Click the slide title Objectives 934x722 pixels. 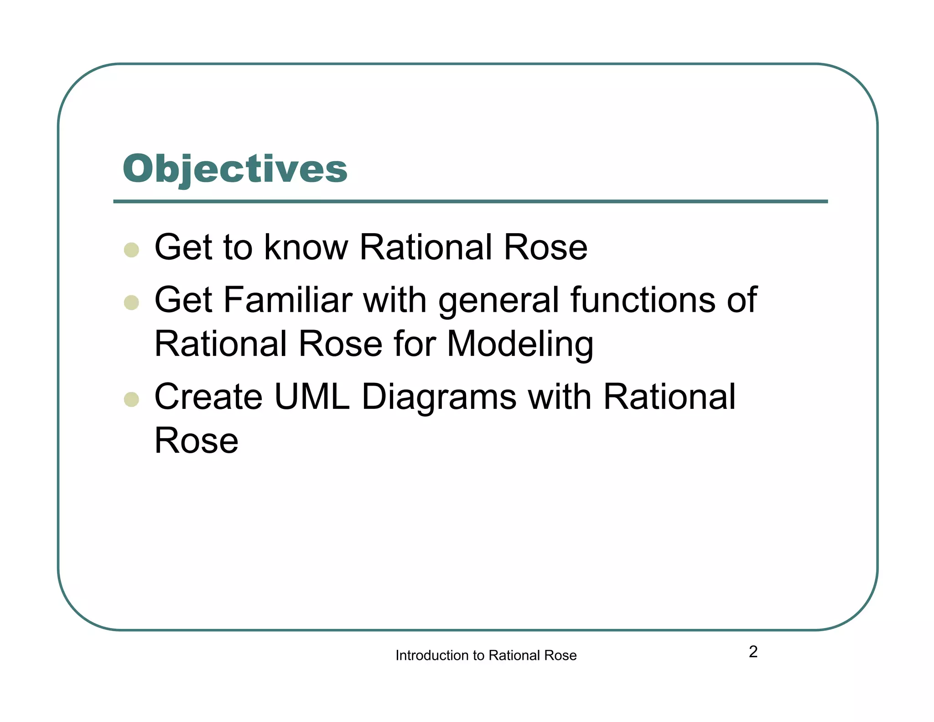point(235,169)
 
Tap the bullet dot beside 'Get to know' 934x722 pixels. point(131,250)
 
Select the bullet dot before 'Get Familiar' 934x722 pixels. point(131,303)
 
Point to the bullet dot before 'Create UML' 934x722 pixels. point(131,399)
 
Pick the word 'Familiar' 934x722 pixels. point(287,300)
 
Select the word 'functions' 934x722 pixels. point(643,300)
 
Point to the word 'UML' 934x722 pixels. point(312,397)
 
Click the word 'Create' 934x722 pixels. point(208,397)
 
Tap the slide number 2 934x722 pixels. point(753,652)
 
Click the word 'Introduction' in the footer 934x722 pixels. point(432,655)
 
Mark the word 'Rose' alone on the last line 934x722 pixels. point(197,440)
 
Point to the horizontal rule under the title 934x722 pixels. point(470,201)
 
